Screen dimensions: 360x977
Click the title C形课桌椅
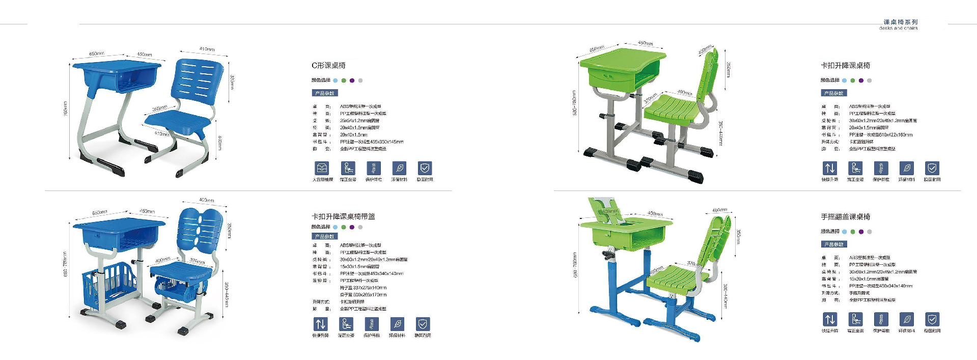[x=328, y=66]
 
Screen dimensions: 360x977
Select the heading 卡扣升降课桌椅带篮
[x=343, y=216]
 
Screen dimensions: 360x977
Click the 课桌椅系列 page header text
[x=900, y=22]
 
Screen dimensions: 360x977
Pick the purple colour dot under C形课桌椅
[x=352, y=80]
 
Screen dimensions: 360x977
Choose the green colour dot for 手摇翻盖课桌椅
[x=853, y=232]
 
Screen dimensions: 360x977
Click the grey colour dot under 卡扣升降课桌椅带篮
[x=360, y=227]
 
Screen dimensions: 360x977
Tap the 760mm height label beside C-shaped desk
[x=66, y=108]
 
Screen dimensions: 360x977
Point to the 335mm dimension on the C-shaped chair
[x=232, y=81]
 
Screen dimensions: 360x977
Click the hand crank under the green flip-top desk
[x=608, y=253]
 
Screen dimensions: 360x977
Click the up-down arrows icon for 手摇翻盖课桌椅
[x=830, y=319]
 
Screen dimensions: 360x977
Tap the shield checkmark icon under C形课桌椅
[x=425, y=168]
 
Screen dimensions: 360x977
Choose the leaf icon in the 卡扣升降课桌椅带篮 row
[x=397, y=324]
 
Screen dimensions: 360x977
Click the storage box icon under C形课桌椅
[x=322, y=168]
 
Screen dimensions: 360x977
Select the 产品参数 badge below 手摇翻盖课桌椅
[x=833, y=244]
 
